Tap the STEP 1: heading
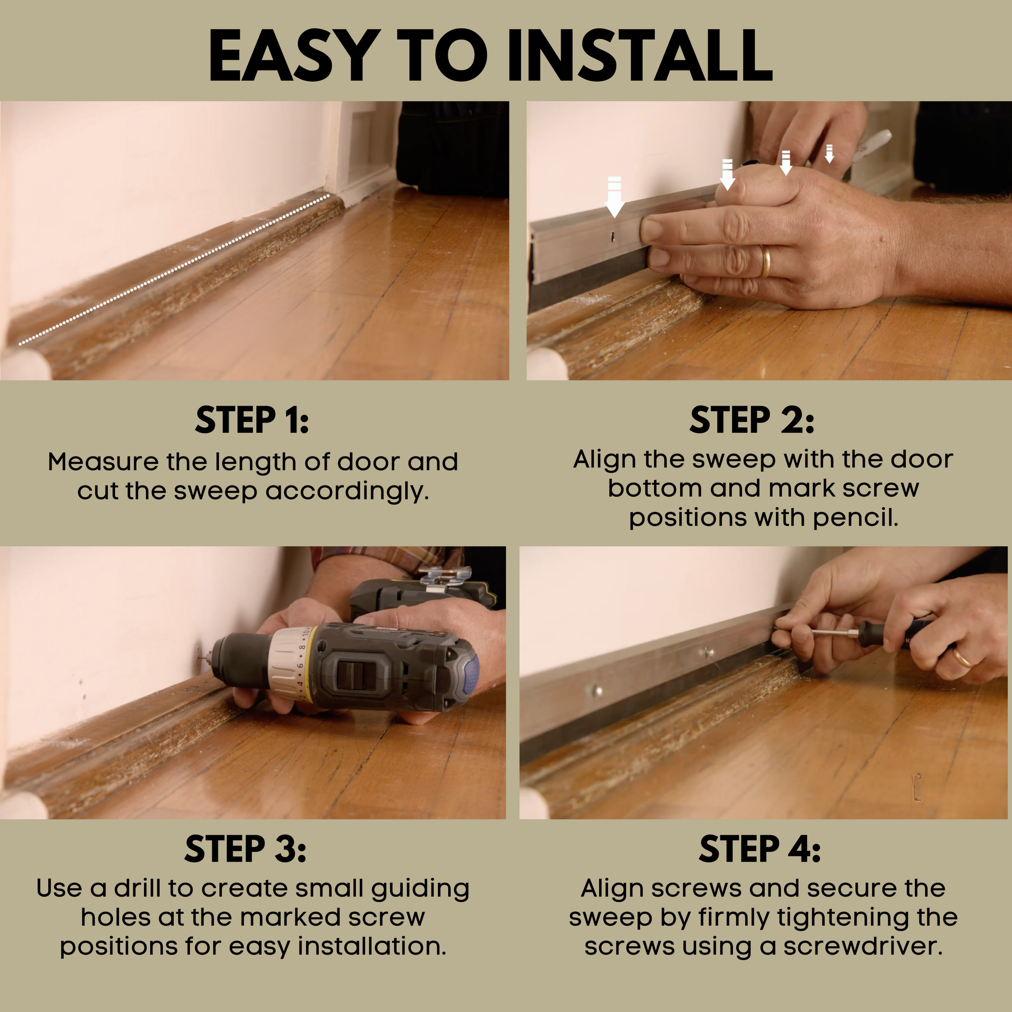pos(252,421)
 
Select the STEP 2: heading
pos(751,421)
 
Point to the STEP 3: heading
pos(245,850)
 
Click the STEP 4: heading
pos(760,850)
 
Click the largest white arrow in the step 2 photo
pos(615,197)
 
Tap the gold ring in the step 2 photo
pos(766,261)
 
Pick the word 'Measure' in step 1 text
pos(103,462)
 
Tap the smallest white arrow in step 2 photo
pos(829,154)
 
